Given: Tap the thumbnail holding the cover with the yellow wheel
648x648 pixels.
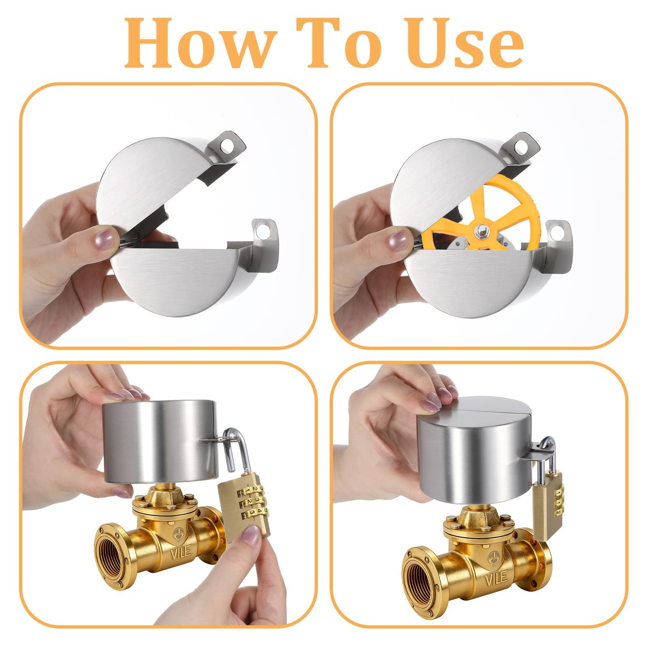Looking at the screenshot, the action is pos(398,239).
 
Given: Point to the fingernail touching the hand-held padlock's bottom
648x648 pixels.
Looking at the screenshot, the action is pos(249,537).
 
